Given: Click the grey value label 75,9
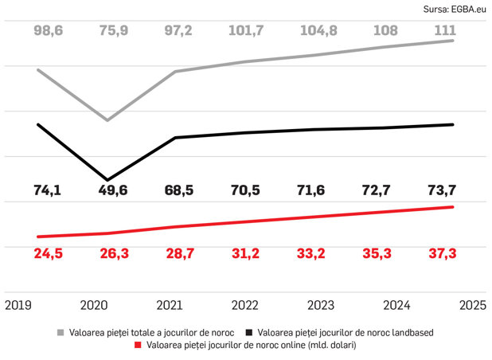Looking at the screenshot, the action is click(114, 31).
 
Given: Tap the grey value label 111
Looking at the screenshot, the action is click(445, 30).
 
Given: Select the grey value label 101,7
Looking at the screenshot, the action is click(246, 31).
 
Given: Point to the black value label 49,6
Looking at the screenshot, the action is click(113, 190).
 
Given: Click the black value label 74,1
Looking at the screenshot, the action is click(48, 190).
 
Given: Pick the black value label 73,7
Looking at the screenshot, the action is click(442, 190).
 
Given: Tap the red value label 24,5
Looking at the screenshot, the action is click(49, 253).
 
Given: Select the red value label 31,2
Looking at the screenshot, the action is click(246, 253).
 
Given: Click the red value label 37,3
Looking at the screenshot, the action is click(443, 253).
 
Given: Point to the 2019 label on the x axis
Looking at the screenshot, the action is click(18, 305).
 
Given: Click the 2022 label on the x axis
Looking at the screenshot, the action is click(244, 305).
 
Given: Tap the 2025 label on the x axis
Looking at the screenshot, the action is click(473, 305).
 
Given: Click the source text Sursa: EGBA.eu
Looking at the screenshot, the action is click(455, 10).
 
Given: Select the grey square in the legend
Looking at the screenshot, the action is click(61, 332).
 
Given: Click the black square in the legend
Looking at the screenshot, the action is click(249, 332).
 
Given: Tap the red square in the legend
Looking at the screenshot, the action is click(138, 345).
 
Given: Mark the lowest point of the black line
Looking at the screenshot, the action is click(107, 180).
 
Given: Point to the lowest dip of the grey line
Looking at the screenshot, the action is click(107, 120).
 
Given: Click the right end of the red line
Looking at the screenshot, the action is click(453, 207).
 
